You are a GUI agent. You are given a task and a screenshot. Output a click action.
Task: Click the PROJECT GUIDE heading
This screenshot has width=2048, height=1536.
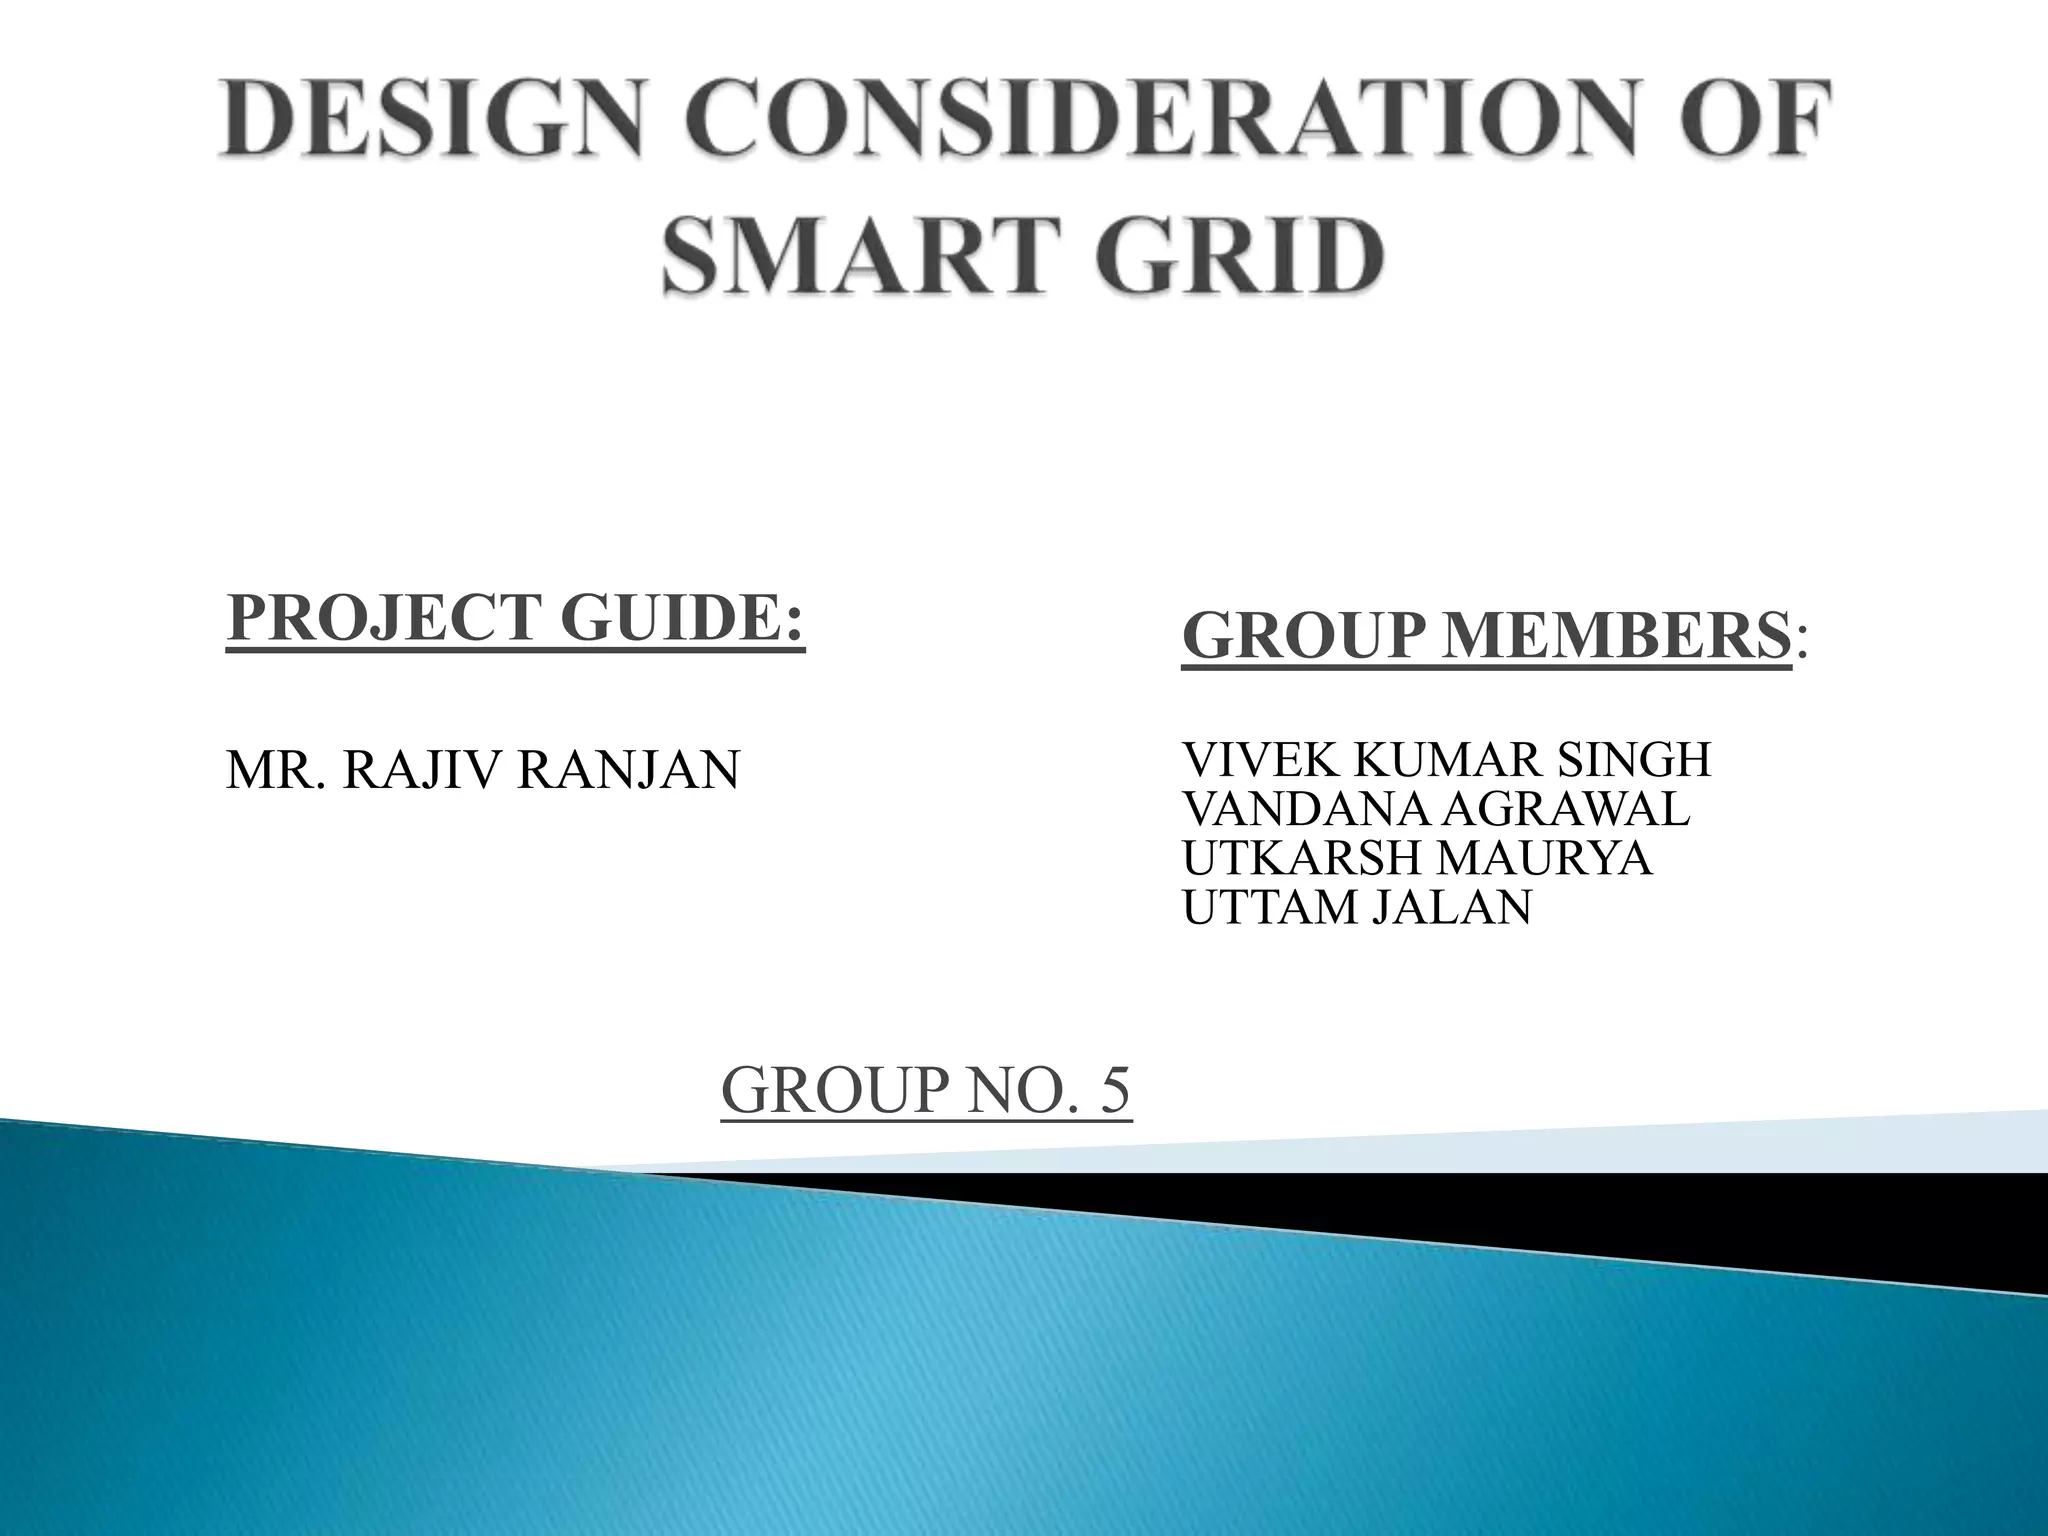tap(515, 619)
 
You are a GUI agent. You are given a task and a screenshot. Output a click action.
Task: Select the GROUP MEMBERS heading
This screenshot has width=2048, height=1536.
tap(1486, 637)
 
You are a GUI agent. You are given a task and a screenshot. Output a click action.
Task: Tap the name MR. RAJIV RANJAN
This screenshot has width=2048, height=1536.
tap(483, 771)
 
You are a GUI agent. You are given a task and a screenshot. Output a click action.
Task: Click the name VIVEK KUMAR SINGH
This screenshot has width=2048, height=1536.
tap(1446, 761)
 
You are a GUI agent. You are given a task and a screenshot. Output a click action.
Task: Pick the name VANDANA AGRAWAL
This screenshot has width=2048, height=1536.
tap(1436, 810)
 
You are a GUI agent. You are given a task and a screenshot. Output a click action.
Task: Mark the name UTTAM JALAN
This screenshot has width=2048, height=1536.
tap(1356, 908)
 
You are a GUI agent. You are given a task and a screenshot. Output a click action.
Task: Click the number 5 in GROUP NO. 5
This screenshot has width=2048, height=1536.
tap(1114, 1091)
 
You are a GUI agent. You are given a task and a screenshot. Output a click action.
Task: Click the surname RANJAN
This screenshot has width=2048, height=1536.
tap(627, 771)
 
